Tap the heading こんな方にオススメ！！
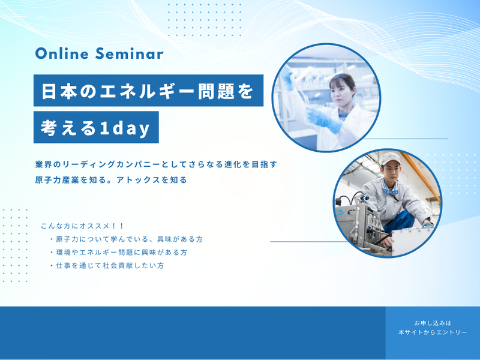[82, 226]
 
